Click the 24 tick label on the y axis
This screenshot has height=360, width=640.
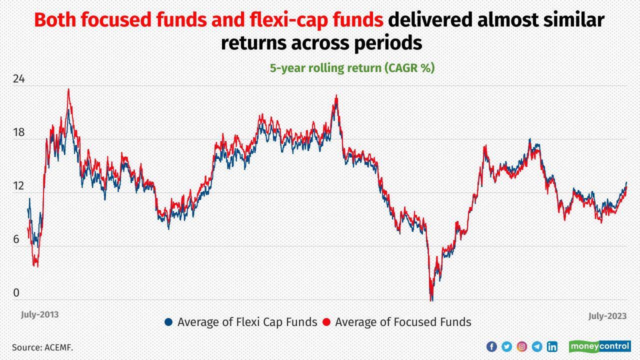pyautogui.click(x=18, y=79)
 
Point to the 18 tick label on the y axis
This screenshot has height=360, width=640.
pyautogui.click(x=18, y=133)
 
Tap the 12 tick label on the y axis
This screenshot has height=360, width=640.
pyautogui.click(x=18, y=186)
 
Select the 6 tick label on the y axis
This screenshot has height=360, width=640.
pyautogui.click(x=16, y=239)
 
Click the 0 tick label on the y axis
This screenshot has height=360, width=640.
pyautogui.click(x=16, y=293)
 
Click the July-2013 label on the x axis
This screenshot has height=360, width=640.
pyautogui.click(x=39, y=314)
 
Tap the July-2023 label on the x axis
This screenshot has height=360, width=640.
pyautogui.click(x=607, y=316)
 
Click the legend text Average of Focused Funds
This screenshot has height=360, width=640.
pyautogui.click(x=403, y=322)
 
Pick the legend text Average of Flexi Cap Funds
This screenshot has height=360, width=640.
pyautogui.click(x=247, y=322)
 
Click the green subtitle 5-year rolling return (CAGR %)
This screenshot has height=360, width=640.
pyautogui.click(x=352, y=68)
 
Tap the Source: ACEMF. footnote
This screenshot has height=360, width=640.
pyautogui.click(x=42, y=347)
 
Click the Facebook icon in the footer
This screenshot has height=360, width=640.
pyautogui.click(x=491, y=346)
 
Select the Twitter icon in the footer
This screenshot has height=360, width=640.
pyautogui.click(x=506, y=346)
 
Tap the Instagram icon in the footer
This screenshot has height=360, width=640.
pyautogui.click(x=521, y=346)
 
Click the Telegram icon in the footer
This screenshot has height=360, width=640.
pyautogui.click(x=537, y=346)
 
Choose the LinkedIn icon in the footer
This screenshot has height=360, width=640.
pyautogui.click(x=552, y=346)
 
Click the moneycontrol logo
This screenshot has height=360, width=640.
pyautogui.click(x=599, y=346)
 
